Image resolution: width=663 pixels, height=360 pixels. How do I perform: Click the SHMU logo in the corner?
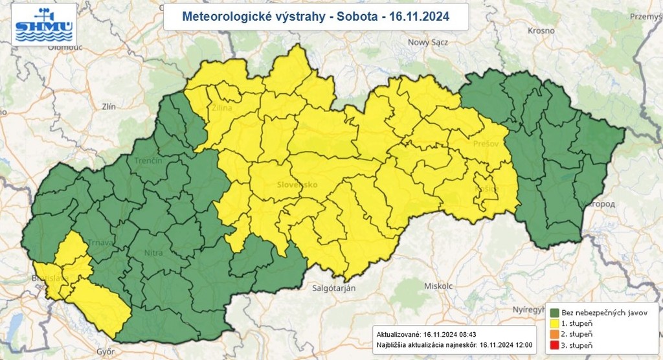click(43, 24)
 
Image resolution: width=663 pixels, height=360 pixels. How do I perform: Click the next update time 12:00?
click(521, 345)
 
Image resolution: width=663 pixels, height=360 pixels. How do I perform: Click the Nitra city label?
click(153, 252)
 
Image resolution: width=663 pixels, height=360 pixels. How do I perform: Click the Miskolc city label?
click(438, 285)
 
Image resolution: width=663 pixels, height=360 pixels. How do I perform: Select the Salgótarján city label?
click(333, 287)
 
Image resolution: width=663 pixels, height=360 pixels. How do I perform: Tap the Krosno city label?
click(541, 30)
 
